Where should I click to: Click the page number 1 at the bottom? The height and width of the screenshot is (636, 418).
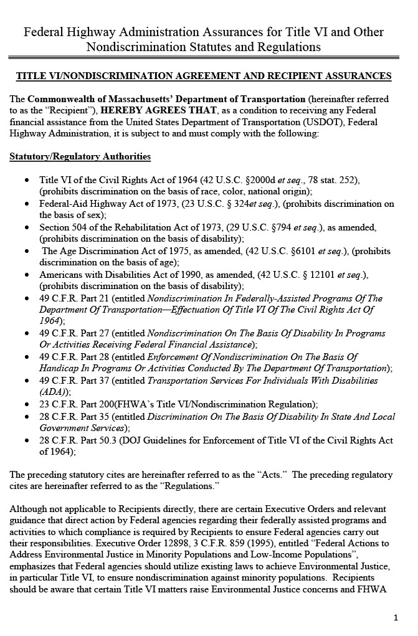click(396, 617)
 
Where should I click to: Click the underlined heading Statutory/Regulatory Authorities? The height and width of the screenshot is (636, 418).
click(80, 156)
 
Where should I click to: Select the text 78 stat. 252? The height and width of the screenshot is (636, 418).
click(330, 180)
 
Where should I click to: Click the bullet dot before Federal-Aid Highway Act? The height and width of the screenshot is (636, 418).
click(26, 204)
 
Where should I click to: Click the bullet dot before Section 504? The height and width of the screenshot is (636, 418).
click(26, 227)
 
